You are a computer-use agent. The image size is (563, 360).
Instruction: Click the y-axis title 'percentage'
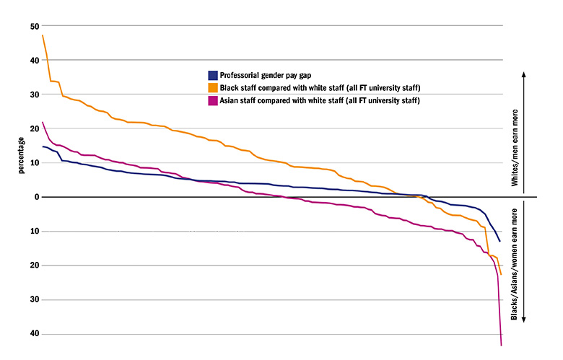point(22,153)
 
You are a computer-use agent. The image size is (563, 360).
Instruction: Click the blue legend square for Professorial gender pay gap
point(212,75)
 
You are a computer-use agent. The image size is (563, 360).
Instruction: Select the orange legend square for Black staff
point(212,87)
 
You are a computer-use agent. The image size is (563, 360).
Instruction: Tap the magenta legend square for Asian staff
point(212,100)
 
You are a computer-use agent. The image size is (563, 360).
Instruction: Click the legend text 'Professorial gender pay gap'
point(265,75)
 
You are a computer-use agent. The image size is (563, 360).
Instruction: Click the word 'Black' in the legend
point(231,87)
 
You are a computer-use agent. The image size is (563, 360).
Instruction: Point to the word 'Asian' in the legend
point(231,100)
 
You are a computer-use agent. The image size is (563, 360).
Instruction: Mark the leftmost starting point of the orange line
point(43,35)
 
